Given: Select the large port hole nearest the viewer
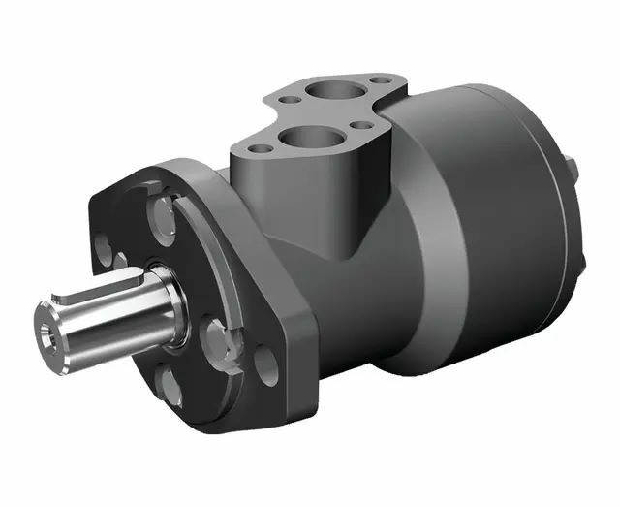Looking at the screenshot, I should click(x=309, y=137).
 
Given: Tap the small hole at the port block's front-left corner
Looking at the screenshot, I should click(x=260, y=150).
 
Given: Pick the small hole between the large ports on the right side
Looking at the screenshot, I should click(x=362, y=125).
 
